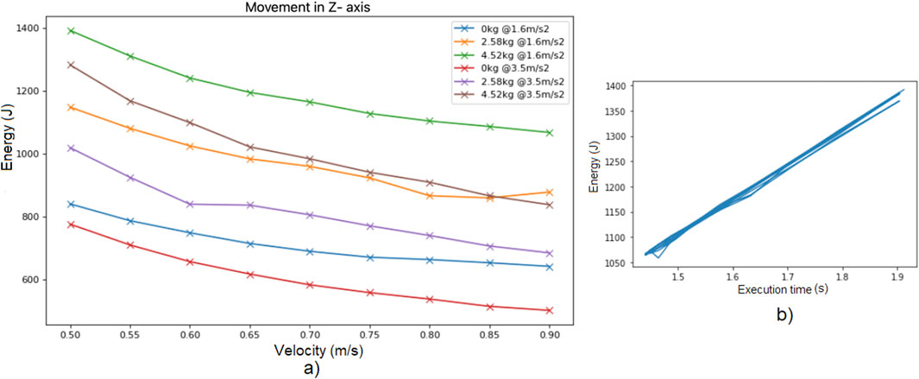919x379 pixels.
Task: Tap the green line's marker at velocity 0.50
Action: pyautogui.click(x=72, y=30)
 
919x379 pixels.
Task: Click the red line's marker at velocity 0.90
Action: pyautogui.click(x=549, y=310)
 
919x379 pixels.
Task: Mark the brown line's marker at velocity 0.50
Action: pyautogui.click(x=72, y=65)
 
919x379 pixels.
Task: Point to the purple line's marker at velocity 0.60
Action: pyautogui.click(x=191, y=204)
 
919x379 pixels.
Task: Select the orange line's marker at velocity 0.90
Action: pyautogui.click(x=549, y=192)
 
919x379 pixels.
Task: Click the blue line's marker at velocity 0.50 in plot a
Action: pyautogui.click(x=72, y=204)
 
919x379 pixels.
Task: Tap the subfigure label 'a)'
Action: pyautogui.click(x=310, y=370)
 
